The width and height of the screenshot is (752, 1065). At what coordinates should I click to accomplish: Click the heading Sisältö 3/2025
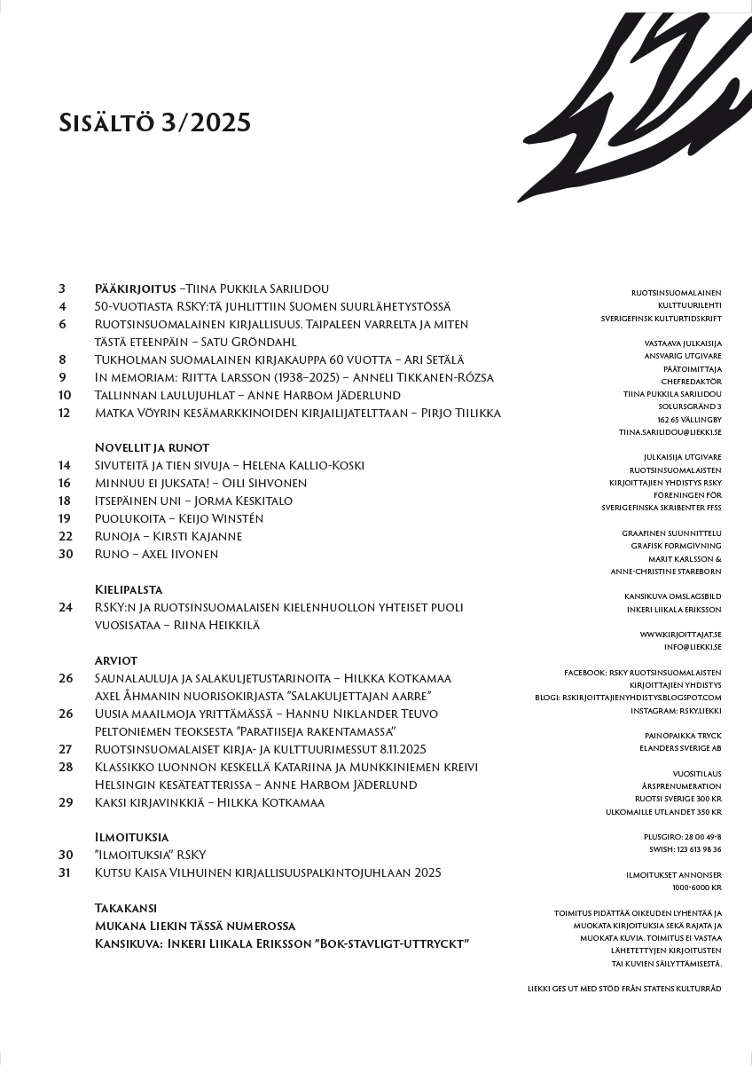click(x=154, y=122)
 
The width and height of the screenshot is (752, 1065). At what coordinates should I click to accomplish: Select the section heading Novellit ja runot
click(x=152, y=447)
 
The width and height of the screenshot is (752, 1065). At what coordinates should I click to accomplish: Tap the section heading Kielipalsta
click(x=129, y=589)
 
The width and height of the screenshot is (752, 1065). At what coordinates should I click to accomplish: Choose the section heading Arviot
click(x=116, y=660)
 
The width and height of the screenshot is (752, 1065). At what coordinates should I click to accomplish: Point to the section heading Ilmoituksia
click(x=131, y=837)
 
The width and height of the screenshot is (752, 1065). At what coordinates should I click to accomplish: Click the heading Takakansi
click(x=126, y=908)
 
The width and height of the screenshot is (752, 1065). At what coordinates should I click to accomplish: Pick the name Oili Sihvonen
click(x=265, y=483)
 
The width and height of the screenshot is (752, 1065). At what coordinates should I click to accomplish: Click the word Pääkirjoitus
click(x=135, y=288)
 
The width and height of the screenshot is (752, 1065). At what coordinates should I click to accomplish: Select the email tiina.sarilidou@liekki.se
click(x=670, y=431)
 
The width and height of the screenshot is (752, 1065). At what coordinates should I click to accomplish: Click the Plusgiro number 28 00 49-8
click(x=694, y=837)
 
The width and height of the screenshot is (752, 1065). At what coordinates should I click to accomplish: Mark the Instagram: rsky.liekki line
click(x=682, y=711)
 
